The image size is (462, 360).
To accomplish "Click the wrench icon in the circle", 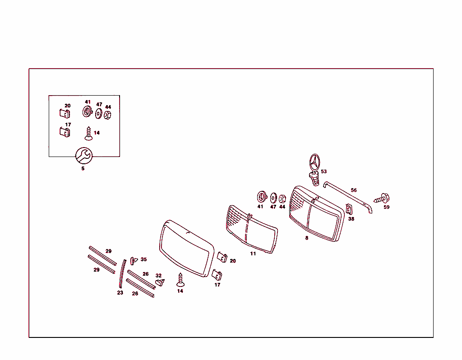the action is (84, 156).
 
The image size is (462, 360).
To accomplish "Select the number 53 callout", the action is (324, 171).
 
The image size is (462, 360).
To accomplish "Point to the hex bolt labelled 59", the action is (382, 198).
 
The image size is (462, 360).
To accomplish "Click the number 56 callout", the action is (354, 190).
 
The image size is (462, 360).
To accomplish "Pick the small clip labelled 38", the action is (349, 209).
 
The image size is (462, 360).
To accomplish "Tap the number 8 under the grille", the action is (307, 238).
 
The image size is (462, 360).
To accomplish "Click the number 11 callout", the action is (253, 254).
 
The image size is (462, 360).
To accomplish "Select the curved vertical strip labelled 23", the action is (122, 274).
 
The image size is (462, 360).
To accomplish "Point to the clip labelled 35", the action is (134, 261).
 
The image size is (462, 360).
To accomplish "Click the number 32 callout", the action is (158, 276).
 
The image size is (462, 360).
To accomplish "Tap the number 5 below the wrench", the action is (83, 169).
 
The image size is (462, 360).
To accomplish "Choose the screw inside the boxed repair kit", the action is (88, 134).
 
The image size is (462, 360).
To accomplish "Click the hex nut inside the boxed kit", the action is (107, 115).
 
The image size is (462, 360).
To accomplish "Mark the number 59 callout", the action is (387, 208).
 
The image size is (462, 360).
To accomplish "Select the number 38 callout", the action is (351, 219).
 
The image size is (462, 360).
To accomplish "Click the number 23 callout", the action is (120, 293).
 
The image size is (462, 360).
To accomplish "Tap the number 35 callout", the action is (143, 259).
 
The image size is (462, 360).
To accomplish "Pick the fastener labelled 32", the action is (160, 282).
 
